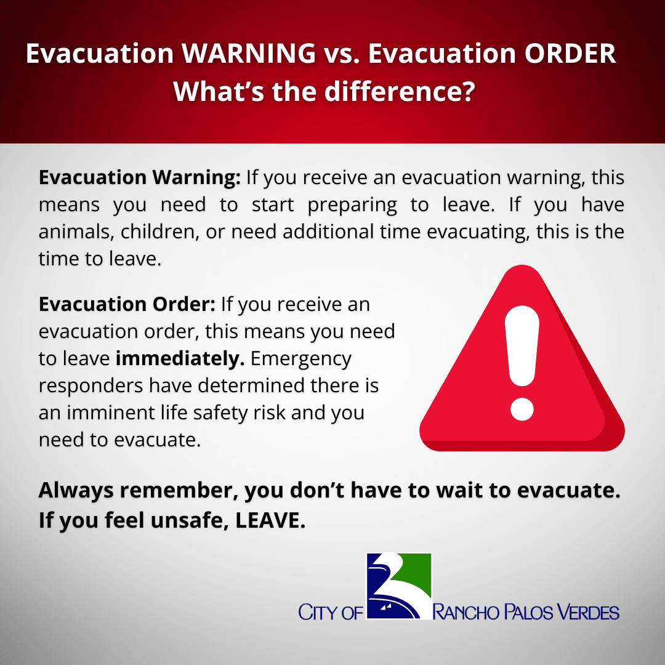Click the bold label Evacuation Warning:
pos(140,178)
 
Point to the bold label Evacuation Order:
pos(127,304)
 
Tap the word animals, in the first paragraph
pos(76,232)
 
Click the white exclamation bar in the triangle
pos(522,348)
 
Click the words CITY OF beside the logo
pos(331,613)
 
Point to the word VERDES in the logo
pos(588,612)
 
